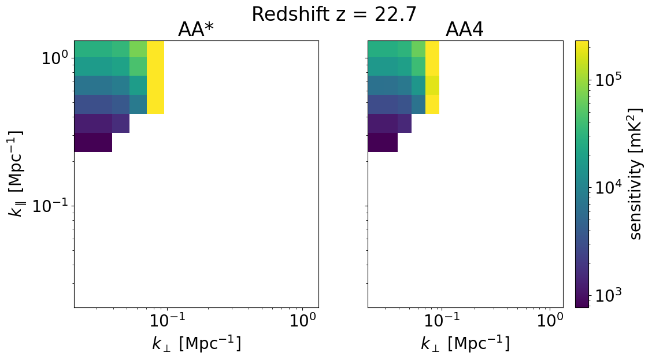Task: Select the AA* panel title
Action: pyautogui.click(x=197, y=30)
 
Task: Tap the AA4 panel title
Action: pyautogui.click(x=465, y=30)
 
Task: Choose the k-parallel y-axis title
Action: pyautogui.click(x=16, y=174)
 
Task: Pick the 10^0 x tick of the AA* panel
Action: pyautogui.click(x=303, y=321)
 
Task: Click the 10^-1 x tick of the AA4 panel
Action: pyautogui.click(x=441, y=321)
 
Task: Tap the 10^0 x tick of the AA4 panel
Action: pyautogui.click(x=550, y=321)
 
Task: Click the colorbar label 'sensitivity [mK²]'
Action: pyautogui.click(x=635, y=174)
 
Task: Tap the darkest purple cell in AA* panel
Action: pyautogui.click(x=93, y=142)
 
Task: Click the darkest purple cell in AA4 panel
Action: pyautogui.click(x=383, y=142)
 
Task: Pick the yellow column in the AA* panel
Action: pyautogui.click(x=155, y=77)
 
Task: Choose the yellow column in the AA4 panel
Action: pyautogui.click(x=432, y=77)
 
